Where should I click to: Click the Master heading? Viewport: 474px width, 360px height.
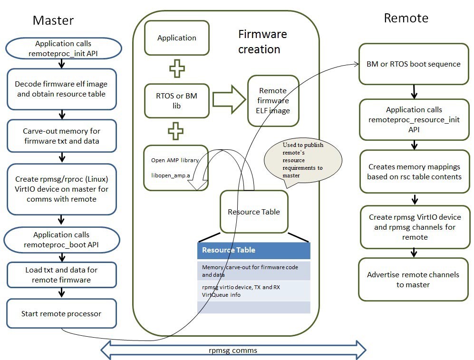53,20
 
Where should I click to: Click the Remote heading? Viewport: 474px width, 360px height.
406,18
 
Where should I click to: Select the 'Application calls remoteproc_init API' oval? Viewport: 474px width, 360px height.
63,49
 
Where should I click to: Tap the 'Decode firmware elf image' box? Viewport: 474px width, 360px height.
61,88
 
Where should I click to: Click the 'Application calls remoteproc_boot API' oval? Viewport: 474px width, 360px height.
61,240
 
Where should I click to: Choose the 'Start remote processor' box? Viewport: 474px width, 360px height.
61,314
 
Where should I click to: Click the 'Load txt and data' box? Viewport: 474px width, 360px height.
61,275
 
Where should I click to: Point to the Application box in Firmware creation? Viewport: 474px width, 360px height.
176,38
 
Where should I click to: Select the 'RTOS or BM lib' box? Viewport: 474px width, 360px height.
176,101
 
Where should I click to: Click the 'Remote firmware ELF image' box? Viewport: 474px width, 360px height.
273,100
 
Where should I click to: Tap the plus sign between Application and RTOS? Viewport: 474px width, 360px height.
177,68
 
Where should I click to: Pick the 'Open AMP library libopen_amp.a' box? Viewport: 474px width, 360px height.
175,168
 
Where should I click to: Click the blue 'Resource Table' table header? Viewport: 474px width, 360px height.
253,250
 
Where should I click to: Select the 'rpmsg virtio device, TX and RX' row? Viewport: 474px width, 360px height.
253,291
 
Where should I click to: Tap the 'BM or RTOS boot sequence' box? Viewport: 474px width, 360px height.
414,64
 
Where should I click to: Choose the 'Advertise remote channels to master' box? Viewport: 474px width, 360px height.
413,280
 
